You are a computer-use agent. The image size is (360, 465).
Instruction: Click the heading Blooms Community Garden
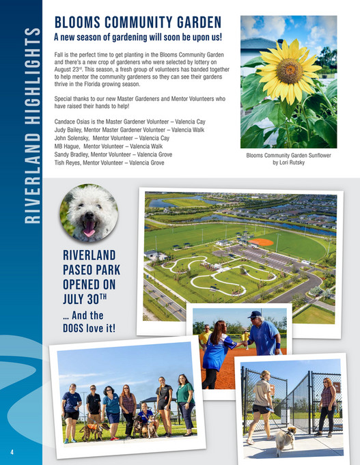point(137,21)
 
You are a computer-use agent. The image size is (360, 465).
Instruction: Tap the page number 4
point(11,451)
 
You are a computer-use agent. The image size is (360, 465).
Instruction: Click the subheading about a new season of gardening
point(138,37)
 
